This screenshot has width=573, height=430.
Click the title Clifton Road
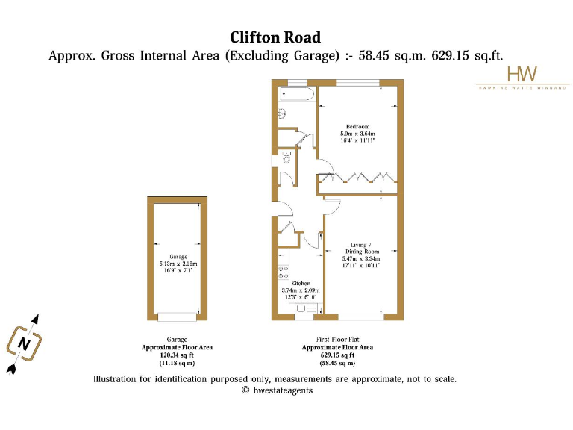click(275, 37)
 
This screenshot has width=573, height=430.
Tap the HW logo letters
click(516, 74)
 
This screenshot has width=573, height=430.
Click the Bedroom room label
click(357, 126)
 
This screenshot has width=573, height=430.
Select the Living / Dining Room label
click(362, 248)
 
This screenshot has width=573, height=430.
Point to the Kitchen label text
click(301, 284)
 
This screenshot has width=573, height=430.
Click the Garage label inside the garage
click(178, 257)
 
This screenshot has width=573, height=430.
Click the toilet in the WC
click(285, 158)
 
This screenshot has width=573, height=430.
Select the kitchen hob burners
click(284, 272)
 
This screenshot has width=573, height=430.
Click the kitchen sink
click(305, 307)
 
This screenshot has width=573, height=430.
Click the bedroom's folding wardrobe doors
click(356, 178)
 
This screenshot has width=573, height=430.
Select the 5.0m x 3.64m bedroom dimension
click(357, 134)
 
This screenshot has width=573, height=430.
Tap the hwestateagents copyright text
click(277, 390)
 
